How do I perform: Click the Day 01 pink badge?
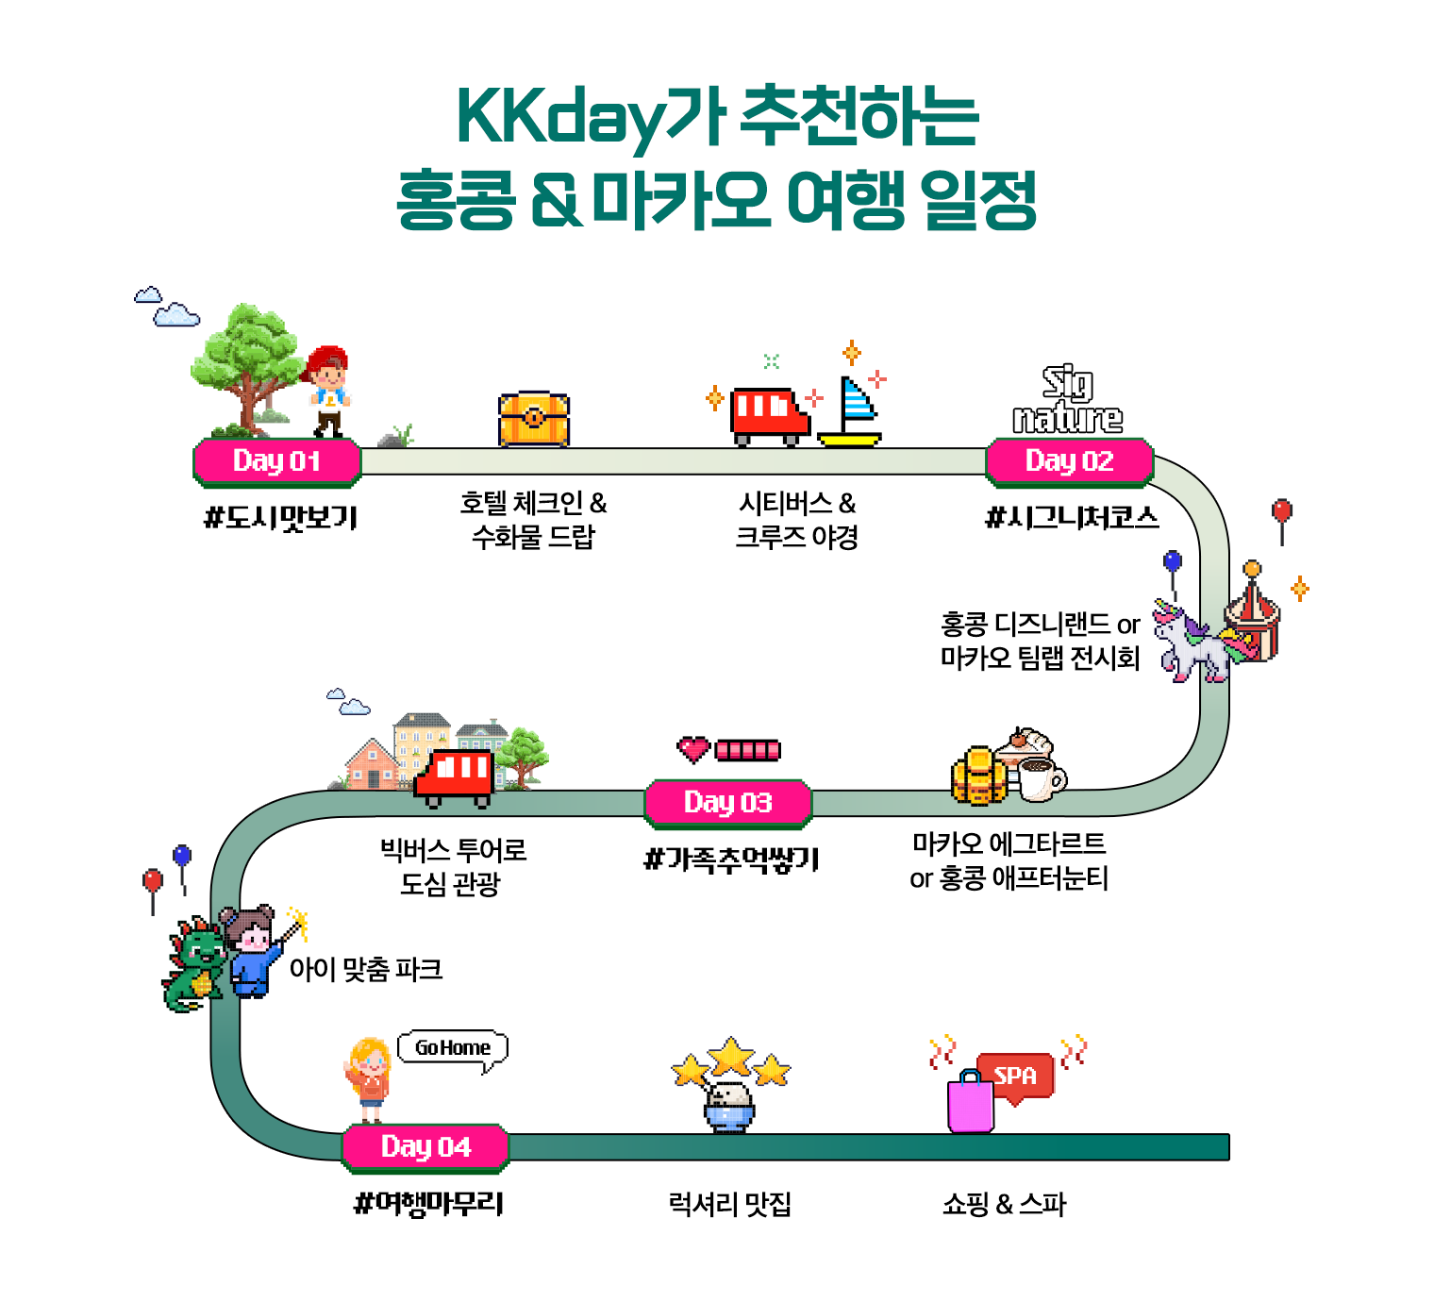click(x=276, y=461)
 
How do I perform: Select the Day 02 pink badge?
click(x=1069, y=461)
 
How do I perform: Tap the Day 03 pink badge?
click(x=727, y=803)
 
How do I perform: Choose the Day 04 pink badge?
click(x=425, y=1146)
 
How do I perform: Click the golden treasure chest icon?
click(x=534, y=418)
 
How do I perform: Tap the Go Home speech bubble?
click(x=453, y=1048)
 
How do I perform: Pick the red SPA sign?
click(x=1016, y=1076)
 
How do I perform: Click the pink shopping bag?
click(x=971, y=1102)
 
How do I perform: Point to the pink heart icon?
click(x=693, y=750)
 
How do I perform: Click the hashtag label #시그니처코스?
click(x=1071, y=517)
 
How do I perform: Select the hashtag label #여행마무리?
click(x=428, y=1203)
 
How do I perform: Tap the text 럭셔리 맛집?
click(x=729, y=1204)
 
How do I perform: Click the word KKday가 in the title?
click(x=590, y=116)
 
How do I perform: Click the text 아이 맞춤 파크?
click(x=365, y=969)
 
